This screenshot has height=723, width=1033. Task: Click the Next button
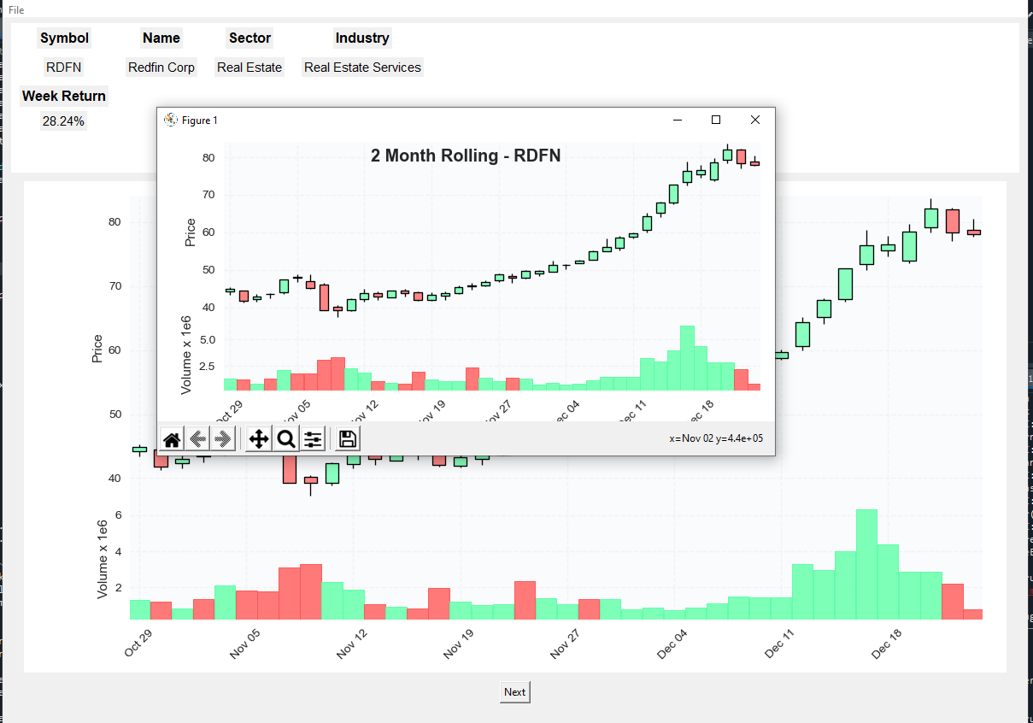tap(514, 692)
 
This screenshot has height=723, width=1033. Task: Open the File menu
tap(16, 10)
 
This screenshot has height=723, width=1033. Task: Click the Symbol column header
tap(64, 38)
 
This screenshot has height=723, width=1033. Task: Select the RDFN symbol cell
tap(64, 68)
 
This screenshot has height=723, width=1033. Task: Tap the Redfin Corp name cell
tap(161, 68)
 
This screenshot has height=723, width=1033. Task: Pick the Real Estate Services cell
tap(362, 68)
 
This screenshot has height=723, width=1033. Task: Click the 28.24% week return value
tap(63, 121)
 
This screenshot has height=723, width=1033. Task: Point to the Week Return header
tap(64, 96)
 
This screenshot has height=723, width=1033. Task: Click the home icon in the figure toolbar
tap(172, 439)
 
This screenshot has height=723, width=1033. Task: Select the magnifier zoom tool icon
tap(286, 439)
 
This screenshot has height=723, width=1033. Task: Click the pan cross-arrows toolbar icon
tap(258, 439)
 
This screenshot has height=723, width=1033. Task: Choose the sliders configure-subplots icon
tap(314, 439)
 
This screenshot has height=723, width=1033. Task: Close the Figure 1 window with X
tap(754, 120)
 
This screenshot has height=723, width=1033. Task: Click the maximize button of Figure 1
tap(716, 120)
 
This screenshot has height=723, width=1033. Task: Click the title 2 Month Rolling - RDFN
tap(466, 156)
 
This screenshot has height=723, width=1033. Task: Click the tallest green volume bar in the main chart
tap(866, 564)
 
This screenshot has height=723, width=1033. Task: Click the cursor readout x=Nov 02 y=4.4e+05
tap(716, 438)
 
